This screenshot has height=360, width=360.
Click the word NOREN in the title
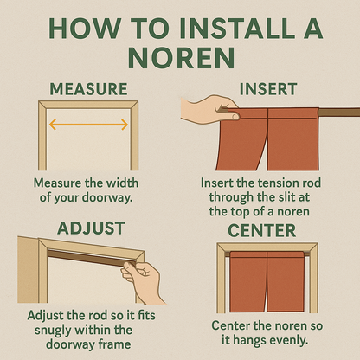181,58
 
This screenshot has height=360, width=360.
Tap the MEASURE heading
88,89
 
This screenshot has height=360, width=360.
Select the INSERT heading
268,89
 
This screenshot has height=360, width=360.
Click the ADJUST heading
91,228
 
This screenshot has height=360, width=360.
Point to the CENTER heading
262,230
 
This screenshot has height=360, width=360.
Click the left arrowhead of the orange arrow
53,125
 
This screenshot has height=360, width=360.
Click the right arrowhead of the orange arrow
125,125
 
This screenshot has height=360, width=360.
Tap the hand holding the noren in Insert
209,110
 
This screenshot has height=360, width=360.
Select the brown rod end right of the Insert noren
339,112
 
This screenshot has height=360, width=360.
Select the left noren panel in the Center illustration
248,281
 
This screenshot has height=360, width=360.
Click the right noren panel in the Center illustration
286,281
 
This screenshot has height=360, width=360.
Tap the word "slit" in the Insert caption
284,197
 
